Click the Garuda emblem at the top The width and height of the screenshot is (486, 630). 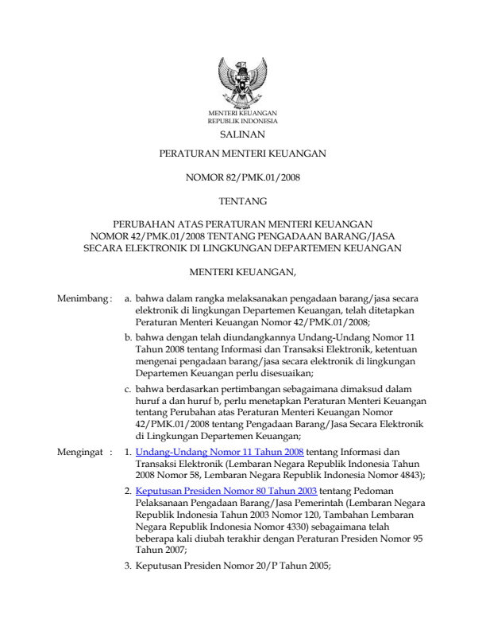pos(242,85)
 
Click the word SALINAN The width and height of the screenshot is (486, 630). pos(242,136)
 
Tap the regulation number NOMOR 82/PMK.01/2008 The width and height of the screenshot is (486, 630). pos(242,178)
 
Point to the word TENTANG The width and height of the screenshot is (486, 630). pos(242,200)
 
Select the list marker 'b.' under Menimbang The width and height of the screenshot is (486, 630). pos(128,339)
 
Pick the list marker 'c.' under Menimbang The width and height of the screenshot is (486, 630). pos(128,390)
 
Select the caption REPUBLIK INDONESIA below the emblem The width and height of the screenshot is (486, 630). pos(242,122)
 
